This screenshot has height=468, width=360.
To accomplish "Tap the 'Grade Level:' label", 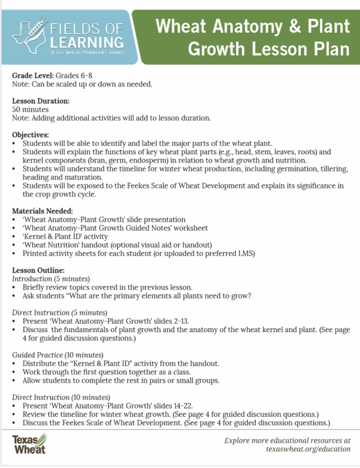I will (x=32, y=75).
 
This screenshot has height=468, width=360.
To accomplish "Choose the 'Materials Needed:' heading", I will (x=42, y=210).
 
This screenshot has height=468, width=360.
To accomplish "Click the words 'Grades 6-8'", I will (x=75, y=75).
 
